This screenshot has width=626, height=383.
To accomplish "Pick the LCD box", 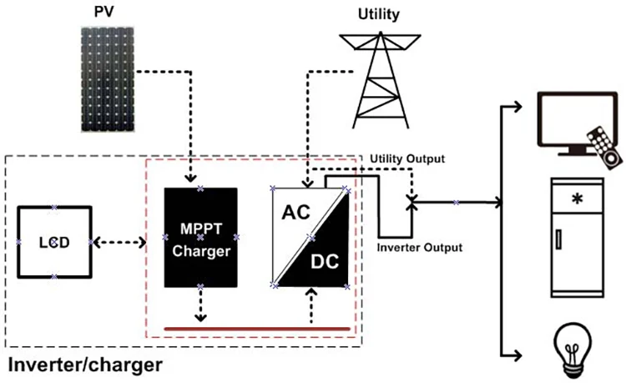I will click(53, 241).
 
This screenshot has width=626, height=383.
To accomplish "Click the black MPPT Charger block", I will click(200, 238).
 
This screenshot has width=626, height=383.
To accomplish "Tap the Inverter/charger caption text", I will click(83, 365).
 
